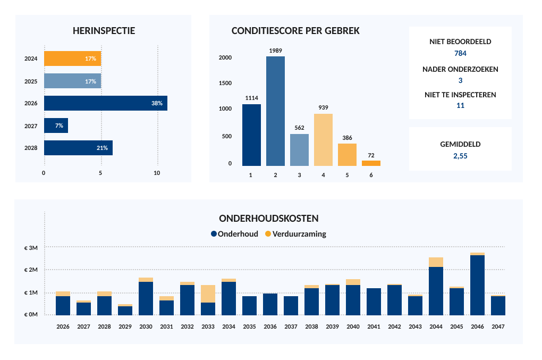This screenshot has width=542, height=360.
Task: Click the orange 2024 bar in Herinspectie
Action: click(72, 58)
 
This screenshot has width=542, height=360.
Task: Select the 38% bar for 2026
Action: click(105, 103)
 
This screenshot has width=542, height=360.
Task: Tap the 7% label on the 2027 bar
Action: click(59, 125)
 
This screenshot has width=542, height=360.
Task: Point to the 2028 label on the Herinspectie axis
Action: click(31, 148)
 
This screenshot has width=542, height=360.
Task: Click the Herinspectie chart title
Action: click(104, 31)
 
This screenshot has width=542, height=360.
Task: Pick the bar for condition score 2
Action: click(275, 111)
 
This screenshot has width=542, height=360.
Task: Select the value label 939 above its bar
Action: click(323, 107)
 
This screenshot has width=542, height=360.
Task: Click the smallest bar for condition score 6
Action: click(371, 163)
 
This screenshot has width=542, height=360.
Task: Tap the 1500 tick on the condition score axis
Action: click(225, 83)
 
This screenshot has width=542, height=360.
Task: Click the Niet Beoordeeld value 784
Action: click(460, 53)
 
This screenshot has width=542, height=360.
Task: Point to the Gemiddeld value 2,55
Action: click(460, 156)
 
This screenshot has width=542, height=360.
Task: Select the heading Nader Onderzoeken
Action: click(460, 69)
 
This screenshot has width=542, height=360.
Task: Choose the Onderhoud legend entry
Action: click(235, 234)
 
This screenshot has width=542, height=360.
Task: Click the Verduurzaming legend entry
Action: click(295, 234)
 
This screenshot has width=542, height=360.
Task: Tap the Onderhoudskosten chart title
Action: click(269, 219)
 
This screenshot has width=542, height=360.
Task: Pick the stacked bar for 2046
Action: click(477, 285)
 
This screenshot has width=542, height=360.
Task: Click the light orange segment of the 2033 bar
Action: click(208, 294)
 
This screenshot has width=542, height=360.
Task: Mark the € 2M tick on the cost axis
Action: click(31, 270)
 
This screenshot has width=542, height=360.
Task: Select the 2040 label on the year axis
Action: click(353, 326)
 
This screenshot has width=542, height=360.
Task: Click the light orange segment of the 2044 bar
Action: click(436, 262)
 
